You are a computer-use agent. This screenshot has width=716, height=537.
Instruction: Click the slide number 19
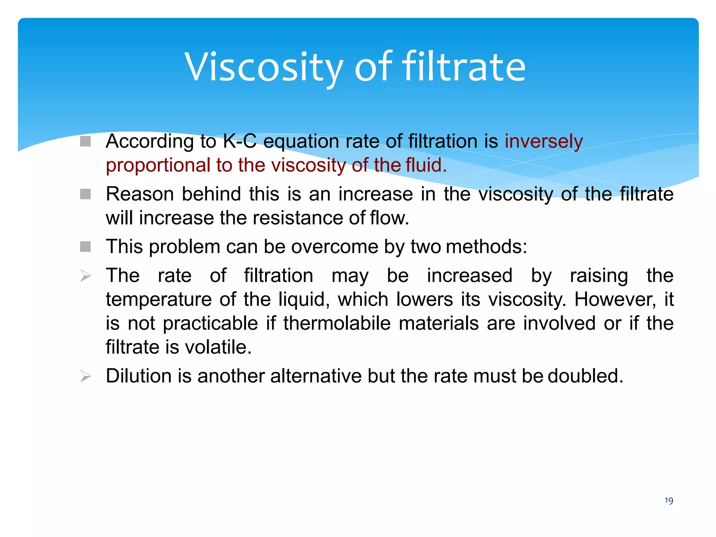pyautogui.click(x=668, y=501)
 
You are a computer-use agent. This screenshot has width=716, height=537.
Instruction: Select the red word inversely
pyautogui.click(x=544, y=142)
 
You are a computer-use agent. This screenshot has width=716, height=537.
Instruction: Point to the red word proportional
pyautogui.click(x=158, y=165)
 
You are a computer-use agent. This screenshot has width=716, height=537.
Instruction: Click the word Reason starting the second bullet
pyautogui.click(x=140, y=194)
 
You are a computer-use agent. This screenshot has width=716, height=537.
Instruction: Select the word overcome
pyautogui.click(x=335, y=247)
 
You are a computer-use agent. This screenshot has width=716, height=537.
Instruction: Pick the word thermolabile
pyautogui.click(x=337, y=323)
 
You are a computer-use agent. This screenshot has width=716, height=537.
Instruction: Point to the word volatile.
pyautogui.click(x=218, y=347)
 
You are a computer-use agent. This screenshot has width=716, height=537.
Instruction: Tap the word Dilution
pyautogui.click(x=139, y=376)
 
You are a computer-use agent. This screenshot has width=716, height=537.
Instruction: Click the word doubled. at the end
pyautogui.click(x=585, y=376)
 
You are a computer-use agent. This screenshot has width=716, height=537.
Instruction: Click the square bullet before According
pyautogui.click(x=85, y=141)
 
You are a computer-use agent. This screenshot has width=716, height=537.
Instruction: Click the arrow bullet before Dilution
pyautogui.click(x=86, y=376)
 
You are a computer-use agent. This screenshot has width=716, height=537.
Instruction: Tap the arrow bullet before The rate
pyautogui.click(x=86, y=276)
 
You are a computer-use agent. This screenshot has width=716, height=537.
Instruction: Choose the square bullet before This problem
pyautogui.click(x=85, y=246)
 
